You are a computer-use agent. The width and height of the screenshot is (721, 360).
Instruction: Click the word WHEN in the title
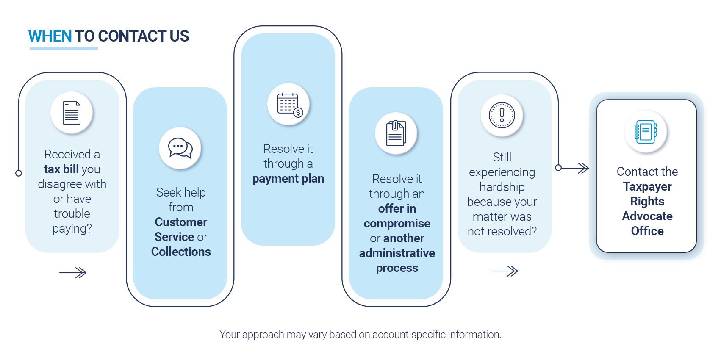pyautogui.click(x=50, y=36)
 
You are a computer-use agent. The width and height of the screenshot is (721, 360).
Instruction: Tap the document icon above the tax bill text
pyautogui.click(x=72, y=113)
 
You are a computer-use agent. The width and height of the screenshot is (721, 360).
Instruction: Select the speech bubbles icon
pyautogui.click(x=180, y=148)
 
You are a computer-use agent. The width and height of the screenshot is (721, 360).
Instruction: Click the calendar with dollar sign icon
pyautogui.click(x=289, y=104)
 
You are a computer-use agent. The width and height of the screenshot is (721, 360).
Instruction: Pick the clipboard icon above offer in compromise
pyautogui.click(x=396, y=133)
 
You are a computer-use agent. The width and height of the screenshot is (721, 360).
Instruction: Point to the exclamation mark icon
pyautogui.click(x=502, y=115)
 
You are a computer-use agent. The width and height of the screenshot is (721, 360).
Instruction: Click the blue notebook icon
pyautogui.click(x=646, y=132)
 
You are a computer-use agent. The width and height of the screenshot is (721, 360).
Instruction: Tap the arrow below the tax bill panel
pyautogui.click(x=73, y=273)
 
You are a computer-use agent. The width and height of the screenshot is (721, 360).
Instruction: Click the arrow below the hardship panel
pyautogui.click(x=505, y=271)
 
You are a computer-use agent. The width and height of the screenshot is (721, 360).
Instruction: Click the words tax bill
pyautogui.click(x=61, y=169)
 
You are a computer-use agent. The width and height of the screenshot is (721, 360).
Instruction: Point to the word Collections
pyautogui.click(x=181, y=252)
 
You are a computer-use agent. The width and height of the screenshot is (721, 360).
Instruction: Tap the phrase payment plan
pyautogui.click(x=288, y=179)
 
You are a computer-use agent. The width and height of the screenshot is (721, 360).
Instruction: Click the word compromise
pyautogui.click(x=397, y=223)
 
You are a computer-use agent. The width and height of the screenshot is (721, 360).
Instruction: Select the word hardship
pyautogui.click(x=502, y=187)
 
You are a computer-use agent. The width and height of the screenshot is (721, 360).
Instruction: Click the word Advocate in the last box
pyautogui.click(x=647, y=216)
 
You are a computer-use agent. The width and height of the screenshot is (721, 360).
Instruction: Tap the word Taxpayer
pyautogui.click(x=647, y=186)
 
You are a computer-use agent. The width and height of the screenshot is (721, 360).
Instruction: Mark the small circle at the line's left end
pyautogui.click(x=19, y=173)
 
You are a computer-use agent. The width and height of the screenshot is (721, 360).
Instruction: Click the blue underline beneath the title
pyautogui.click(x=64, y=49)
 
